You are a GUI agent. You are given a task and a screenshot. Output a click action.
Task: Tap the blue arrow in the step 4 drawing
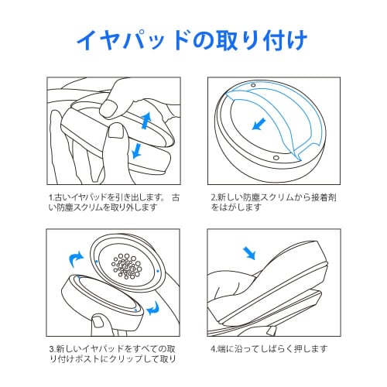point(251,254)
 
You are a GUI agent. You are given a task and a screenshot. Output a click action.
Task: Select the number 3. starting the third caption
point(52,347)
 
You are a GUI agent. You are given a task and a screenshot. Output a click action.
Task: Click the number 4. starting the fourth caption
point(214,347)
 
